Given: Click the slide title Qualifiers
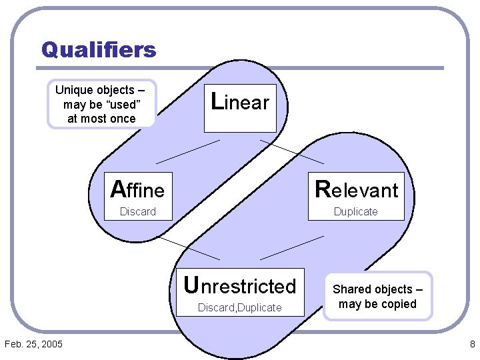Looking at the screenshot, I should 99,50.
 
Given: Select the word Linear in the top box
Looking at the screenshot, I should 240,102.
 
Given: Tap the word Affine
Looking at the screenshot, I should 138,190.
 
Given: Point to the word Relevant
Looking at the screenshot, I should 356,190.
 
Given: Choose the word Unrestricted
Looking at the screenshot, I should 240,285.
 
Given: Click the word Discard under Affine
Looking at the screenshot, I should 137,212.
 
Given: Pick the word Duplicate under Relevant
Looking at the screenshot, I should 355,212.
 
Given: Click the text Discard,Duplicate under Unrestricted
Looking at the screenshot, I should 240,308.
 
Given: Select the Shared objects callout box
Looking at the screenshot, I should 377,297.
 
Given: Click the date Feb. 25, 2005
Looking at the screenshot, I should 33,344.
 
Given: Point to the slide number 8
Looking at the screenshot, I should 472,344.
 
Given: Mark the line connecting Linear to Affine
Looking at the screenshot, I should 187,151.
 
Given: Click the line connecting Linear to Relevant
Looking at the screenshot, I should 292,152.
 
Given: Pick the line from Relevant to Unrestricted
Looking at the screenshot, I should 291,247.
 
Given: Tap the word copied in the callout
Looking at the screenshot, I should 399,304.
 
